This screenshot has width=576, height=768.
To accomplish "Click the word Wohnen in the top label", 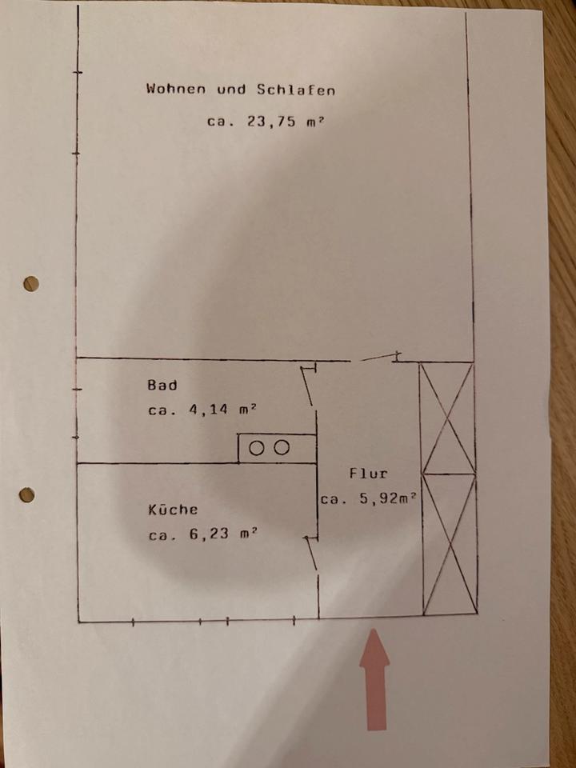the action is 175,89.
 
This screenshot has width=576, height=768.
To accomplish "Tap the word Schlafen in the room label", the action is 295,90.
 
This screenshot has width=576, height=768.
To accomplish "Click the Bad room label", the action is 162,385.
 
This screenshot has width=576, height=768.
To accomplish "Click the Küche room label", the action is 172,509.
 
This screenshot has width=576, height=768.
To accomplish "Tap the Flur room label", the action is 367,473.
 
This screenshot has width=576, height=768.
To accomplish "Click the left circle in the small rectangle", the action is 256,448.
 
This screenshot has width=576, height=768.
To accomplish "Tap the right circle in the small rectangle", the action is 281,448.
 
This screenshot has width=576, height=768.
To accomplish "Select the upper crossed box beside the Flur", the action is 448,418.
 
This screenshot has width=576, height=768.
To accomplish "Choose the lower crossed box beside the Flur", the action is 450,544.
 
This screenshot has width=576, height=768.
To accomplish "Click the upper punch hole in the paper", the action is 31,283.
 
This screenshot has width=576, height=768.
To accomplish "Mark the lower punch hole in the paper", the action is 27,494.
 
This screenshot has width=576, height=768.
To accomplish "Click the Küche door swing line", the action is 310,553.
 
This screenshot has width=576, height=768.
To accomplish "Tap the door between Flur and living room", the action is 380,357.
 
